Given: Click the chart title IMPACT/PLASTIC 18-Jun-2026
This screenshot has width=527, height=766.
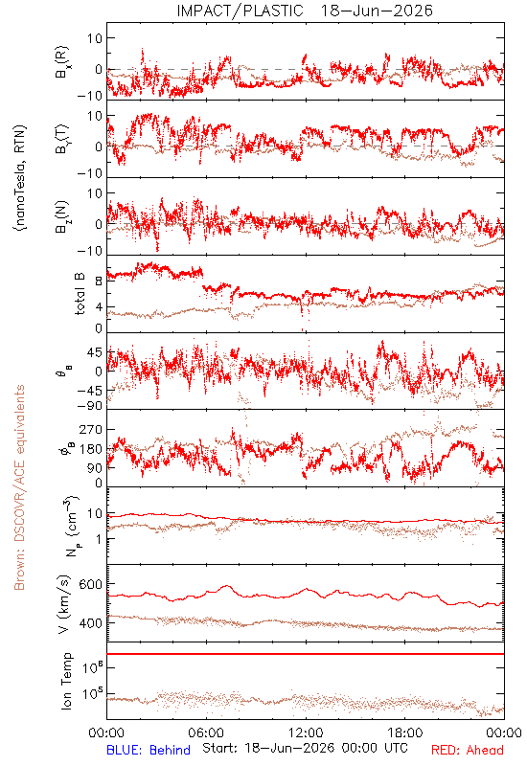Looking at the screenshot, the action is (x=305, y=11).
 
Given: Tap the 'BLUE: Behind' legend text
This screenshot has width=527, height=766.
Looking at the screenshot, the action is (x=149, y=750).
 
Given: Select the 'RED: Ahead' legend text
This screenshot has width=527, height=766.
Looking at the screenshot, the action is (x=467, y=750).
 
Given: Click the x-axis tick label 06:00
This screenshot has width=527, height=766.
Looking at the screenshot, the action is (x=206, y=732).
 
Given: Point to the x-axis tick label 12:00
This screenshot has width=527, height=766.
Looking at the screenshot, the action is (x=306, y=732).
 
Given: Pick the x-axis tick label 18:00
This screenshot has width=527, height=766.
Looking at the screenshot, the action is (x=404, y=732).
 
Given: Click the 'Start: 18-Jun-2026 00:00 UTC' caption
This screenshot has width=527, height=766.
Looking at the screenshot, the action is (x=305, y=748).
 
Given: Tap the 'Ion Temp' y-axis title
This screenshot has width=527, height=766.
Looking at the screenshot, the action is (x=66, y=681).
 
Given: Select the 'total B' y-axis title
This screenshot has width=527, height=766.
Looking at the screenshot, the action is (x=80, y=294).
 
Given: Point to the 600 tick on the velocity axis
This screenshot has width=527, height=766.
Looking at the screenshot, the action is (x=90, y=584).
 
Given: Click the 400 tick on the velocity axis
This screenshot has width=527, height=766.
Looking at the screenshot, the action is (x=90, y=623).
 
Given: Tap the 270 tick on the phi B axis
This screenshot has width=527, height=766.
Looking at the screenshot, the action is (x=91, y=429).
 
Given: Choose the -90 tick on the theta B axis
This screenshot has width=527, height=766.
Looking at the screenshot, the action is (x=89, y=405).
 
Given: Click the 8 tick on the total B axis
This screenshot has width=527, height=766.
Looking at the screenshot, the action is (x=99, y=282).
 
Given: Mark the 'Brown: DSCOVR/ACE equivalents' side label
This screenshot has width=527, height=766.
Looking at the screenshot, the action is (x=18, y=487).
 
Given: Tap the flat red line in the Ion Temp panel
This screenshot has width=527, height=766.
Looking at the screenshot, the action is (x=306, y=654).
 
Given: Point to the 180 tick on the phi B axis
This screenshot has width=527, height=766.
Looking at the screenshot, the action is (x=91, y=449).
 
